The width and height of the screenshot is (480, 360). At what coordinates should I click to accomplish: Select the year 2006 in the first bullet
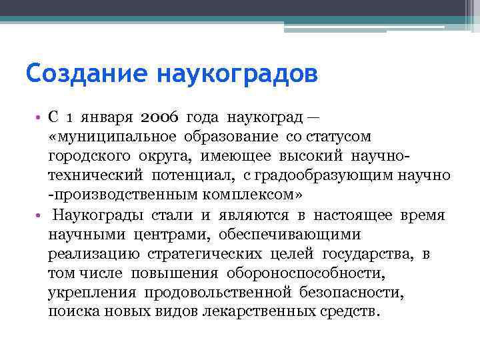pyautogui.click(x=160, y=118)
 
